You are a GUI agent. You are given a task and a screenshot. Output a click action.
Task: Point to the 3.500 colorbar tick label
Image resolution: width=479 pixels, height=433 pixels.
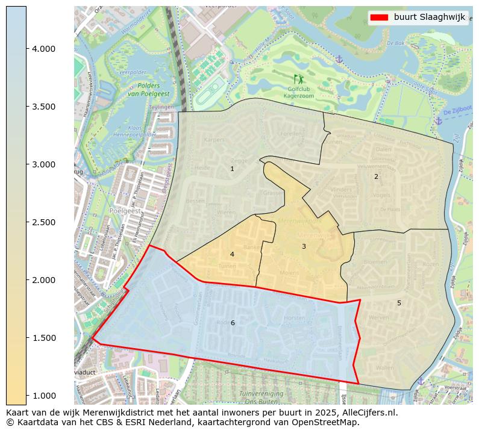pyautogui.click(x=43, y=107)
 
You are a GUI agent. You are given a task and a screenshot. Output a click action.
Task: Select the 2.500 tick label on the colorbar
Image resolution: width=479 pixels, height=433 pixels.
pyautogui.click(x=43, y=222)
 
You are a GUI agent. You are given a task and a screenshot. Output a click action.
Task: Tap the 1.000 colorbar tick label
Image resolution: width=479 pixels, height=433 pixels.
pyautogui.click(x=43, y=395)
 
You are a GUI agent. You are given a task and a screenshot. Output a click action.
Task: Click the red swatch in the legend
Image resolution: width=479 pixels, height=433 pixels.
pyautogui.click(x=380, y=17)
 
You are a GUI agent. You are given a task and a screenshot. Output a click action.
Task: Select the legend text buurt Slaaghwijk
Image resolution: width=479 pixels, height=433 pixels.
pyautogui.click(x=430, y=17)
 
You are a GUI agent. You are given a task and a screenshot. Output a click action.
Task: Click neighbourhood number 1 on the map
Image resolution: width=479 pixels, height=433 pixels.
pyautogui.click(x=232, y=169)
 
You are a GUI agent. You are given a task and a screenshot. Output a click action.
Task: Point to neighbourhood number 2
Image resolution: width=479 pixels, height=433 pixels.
pyautogui.click(x=376, y=176)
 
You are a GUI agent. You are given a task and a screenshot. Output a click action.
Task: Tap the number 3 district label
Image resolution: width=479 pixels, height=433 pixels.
pyautogui.click(x=304, y=246)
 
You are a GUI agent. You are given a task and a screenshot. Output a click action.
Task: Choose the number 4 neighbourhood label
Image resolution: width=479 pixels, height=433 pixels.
pyautogui.click(x=232, y=254)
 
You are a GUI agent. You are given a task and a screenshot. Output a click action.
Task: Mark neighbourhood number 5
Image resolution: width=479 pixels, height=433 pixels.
pyautogui.click(x=399, y=303)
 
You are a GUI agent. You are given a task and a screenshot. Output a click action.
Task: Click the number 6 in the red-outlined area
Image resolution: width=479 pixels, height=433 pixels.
pyautogui.click(x=233, y=323)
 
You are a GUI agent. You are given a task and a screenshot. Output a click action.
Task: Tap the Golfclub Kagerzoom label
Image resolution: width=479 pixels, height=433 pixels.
pyautogui.click(x=299, y=92)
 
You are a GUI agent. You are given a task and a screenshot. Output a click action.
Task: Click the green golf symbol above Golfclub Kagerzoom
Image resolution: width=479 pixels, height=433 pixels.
pyautogui.click(x=299, y=79)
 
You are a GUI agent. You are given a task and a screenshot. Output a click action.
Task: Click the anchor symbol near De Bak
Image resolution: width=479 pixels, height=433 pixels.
pyautogui.click(x=339, y=58)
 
